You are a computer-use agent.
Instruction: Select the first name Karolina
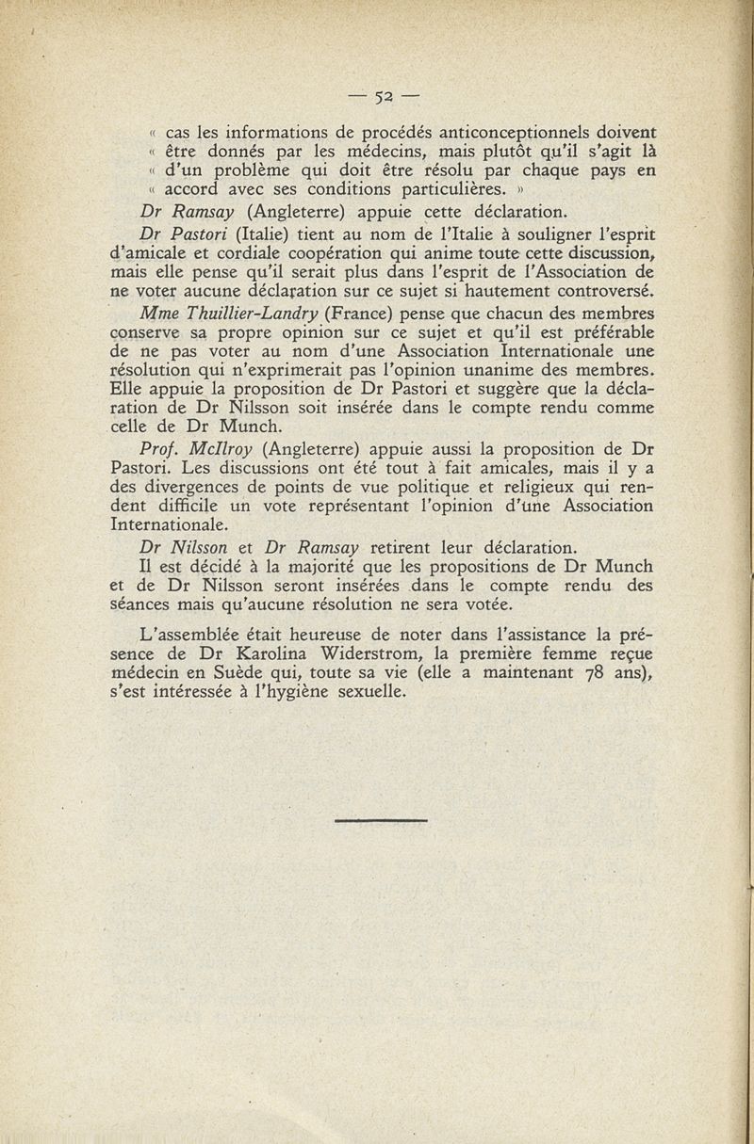click(274, 653)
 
